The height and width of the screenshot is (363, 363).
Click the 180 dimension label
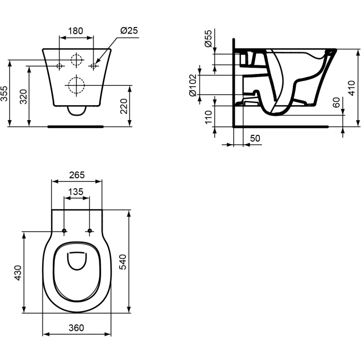coord(75,31)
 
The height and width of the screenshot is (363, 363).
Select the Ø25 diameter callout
coord(128,31)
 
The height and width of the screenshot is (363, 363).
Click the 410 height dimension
coord(352,87)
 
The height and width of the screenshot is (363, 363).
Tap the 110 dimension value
coord(208,116)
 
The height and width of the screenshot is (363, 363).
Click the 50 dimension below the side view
coord(255,139)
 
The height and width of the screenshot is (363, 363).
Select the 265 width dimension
coord(77,175)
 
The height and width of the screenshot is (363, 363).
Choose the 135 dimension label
coord(77,192)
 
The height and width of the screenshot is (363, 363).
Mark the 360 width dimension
coord(76,327)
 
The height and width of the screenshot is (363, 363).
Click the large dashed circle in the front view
coord(76,85)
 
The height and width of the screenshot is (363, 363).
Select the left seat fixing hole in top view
coord(65,231)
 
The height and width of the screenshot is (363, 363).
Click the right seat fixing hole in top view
coord(89,231)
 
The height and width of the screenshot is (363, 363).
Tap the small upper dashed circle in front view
coord(76,60)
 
